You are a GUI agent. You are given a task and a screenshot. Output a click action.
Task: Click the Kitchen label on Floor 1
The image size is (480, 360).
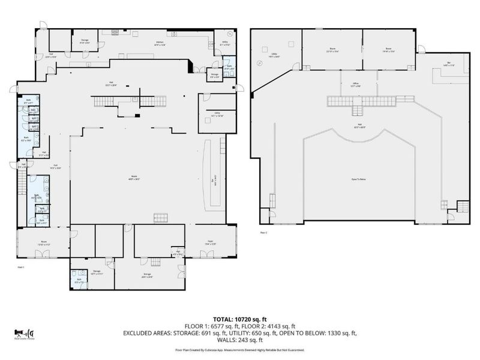click(160, 43)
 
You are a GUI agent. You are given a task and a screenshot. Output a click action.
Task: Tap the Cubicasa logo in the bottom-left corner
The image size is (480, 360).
click(23, 334)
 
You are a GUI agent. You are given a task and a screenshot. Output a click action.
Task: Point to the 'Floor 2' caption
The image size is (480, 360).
click(263, 232)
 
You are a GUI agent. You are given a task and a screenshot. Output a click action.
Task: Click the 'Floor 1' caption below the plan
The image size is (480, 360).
click(20, 267)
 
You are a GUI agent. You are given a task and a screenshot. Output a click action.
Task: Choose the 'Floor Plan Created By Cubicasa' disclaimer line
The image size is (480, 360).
click(240, 350)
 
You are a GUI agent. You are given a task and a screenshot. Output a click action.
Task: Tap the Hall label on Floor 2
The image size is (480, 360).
click(358, 125)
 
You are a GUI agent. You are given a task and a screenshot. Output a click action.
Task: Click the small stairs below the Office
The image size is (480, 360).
click(358, 110)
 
